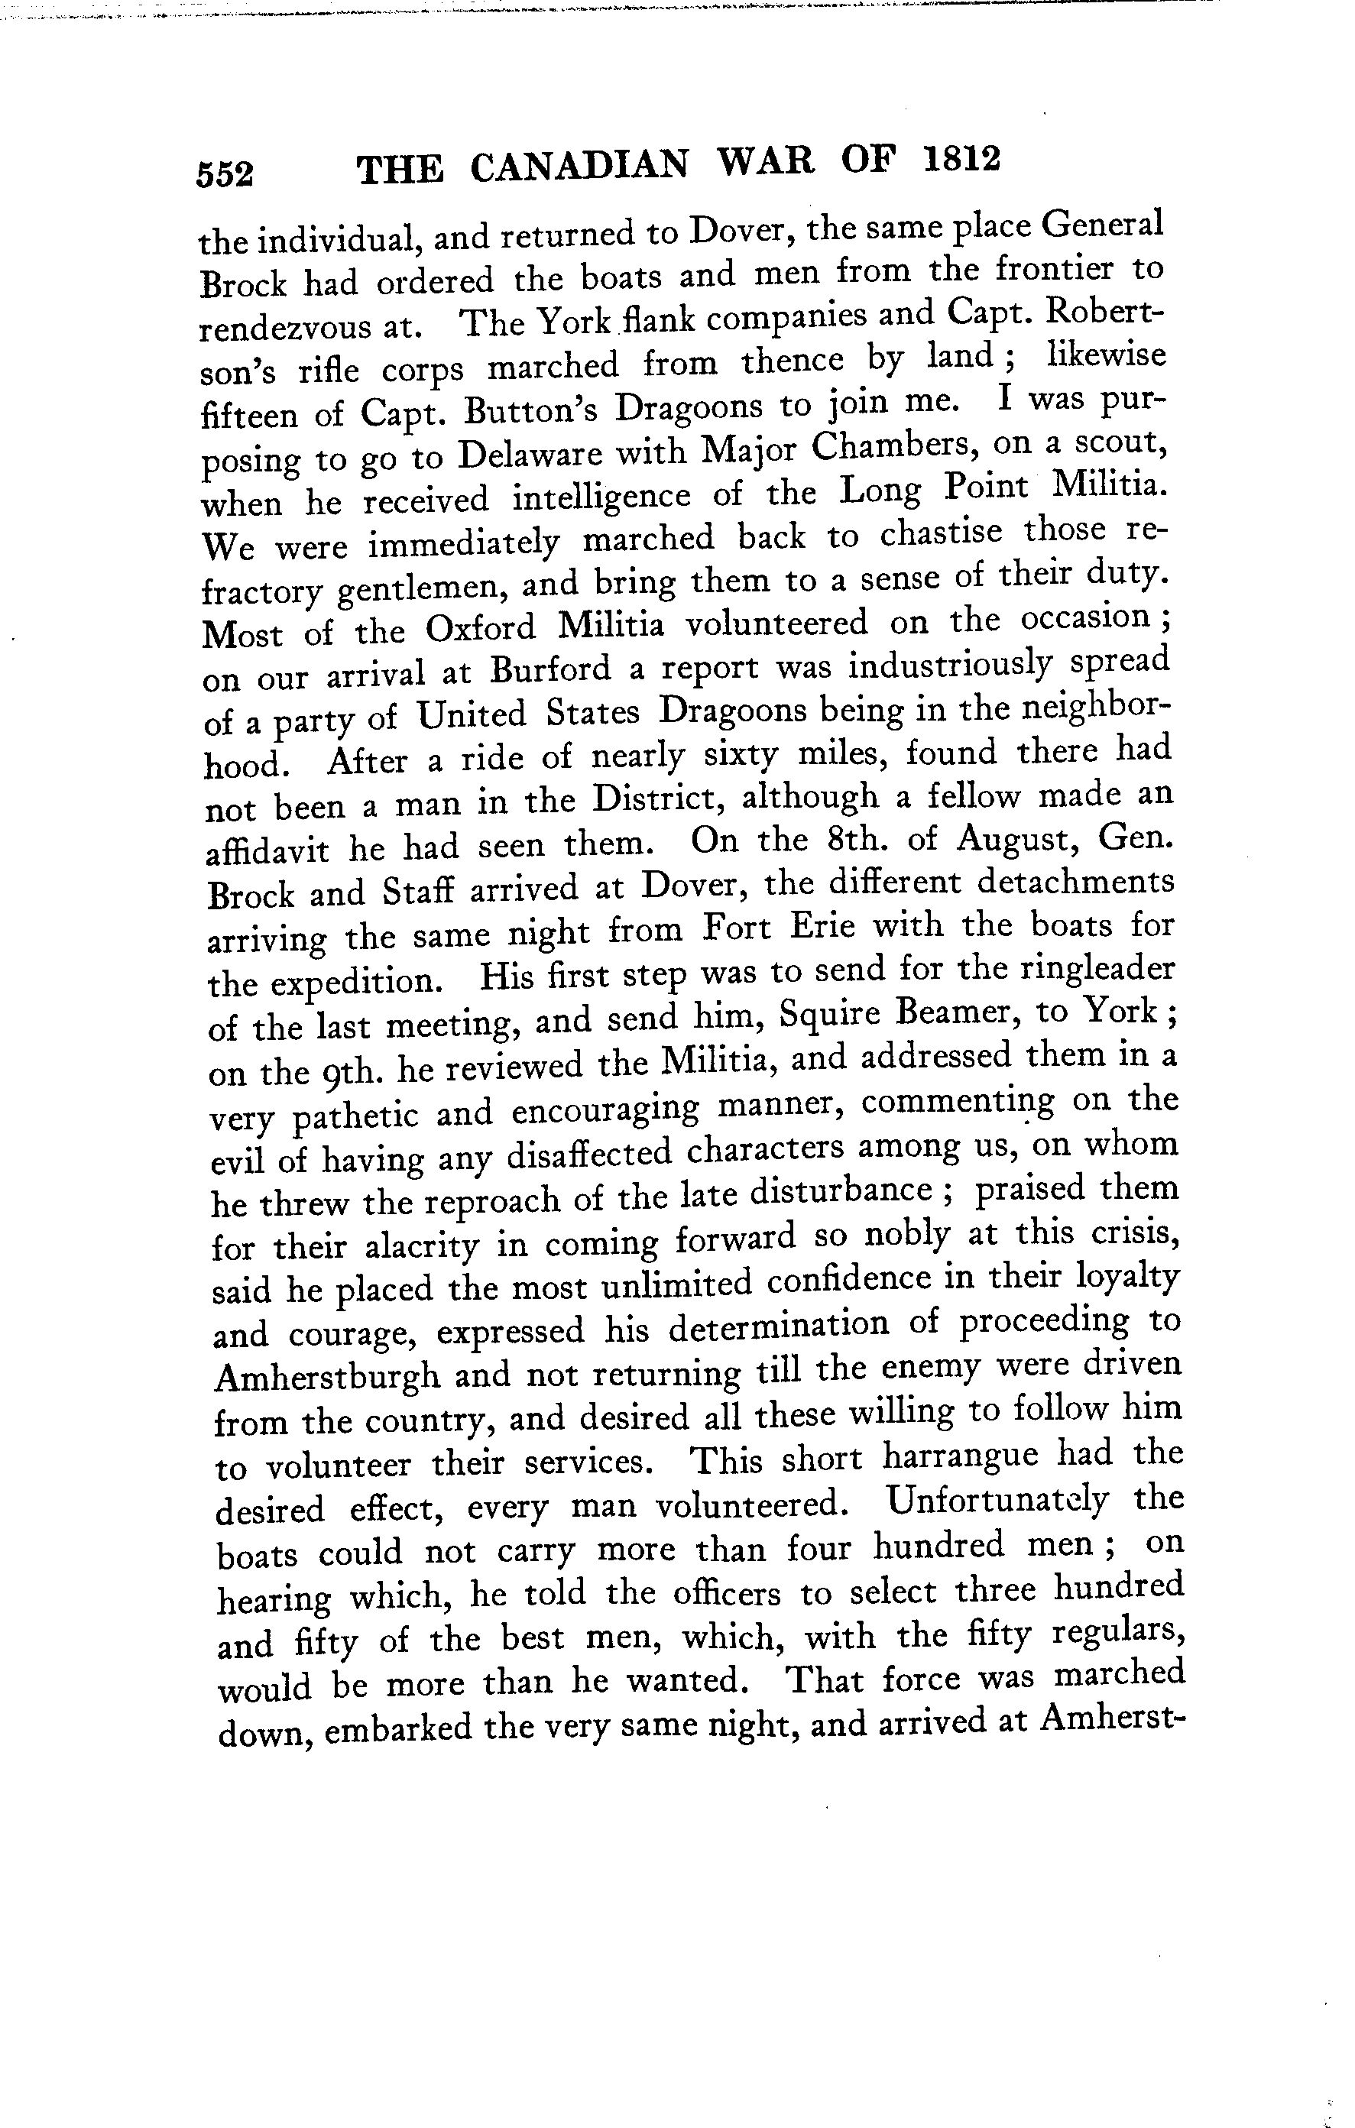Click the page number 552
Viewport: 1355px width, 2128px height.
click(225, 174)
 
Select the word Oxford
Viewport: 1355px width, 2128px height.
click(481, 628)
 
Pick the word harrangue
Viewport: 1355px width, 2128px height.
click(960, 1456)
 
